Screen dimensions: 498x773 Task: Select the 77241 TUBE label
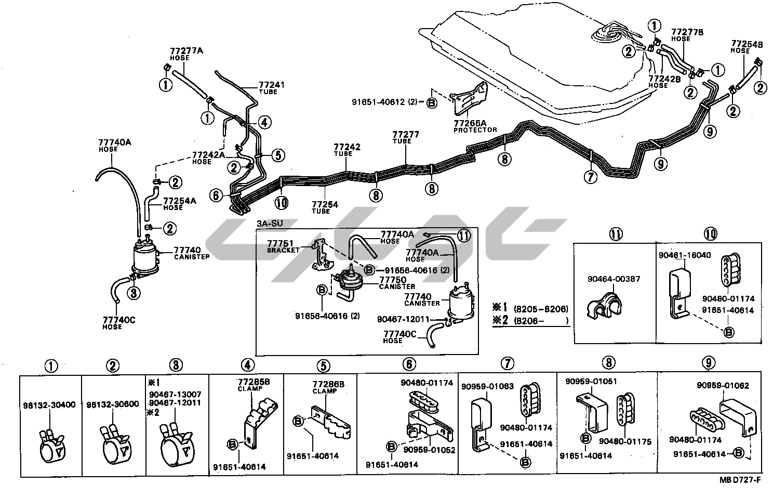pyautogui.click(x=272, y=87)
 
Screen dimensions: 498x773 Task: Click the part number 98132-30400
pyautogui.click(x=49, y=404)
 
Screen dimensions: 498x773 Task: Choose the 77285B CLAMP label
pyautogui.click(x=254, y=384)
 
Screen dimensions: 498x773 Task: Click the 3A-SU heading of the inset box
pyautogui.click(x=269, y=224)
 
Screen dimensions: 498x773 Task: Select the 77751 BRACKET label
pyautogui.click(x=284, y=246)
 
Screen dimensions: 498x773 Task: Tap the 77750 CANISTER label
pyautogui.click(x=395, y=283)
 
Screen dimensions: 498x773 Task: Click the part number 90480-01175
pyautogui.click(x=625, y=441)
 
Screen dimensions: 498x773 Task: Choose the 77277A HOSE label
pyautogui.click(x=185, y=54)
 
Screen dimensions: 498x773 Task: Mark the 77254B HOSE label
pyautogui.click(x=747, y=47)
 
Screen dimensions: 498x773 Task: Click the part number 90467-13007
pyautogui.click(x=175, y=395)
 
